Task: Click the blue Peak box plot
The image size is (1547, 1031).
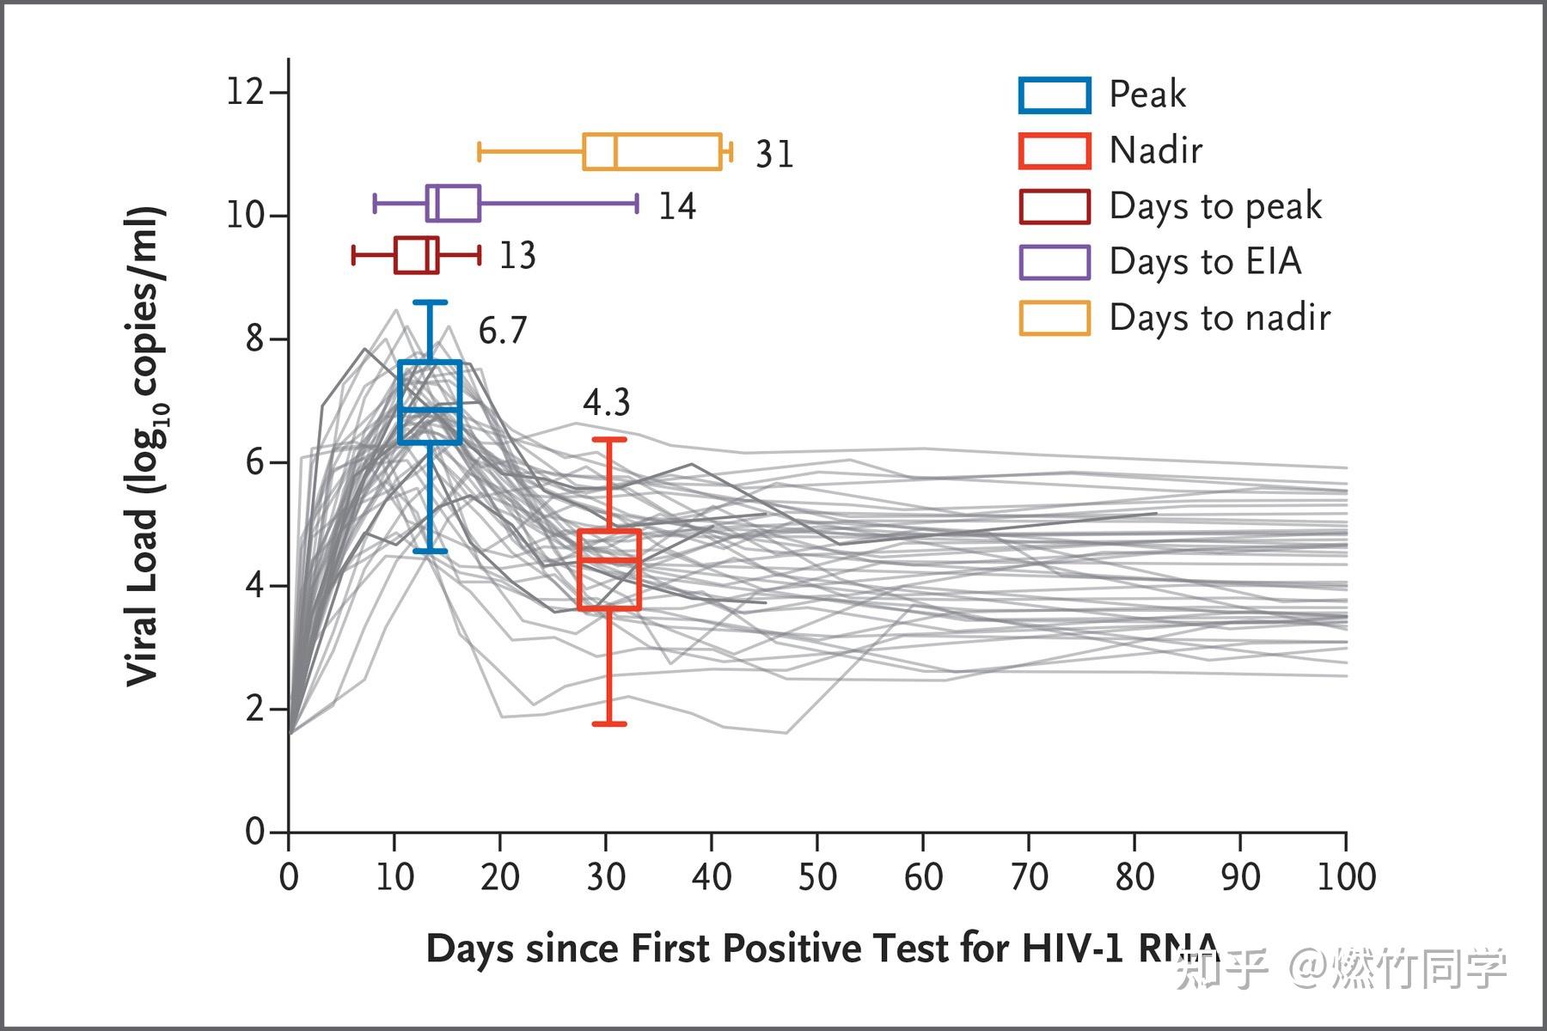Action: pos(430,402)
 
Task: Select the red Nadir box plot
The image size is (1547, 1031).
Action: pos(609,570)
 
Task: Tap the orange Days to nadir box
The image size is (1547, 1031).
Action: pos(652,152)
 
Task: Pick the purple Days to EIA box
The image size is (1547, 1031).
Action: pos(453,203)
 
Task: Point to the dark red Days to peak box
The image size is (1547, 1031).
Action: pos(416,255)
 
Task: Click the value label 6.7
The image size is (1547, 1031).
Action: pos(503,331)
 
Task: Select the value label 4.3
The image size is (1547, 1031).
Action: pos(607,402)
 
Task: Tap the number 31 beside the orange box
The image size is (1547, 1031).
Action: pos(774,155)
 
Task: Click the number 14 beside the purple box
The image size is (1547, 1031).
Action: pos(677,207)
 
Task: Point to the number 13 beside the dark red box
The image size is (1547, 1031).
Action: pos(517,256)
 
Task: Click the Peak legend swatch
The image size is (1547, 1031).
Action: pos(1055,95)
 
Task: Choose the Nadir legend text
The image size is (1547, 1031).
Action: pos(1155,150)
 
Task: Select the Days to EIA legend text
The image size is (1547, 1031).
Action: pos(1205,262)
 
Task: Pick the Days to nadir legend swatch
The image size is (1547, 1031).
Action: pos(1055,318)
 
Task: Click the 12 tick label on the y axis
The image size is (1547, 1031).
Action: pos(245,91)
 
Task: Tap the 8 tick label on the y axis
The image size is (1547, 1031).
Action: pos(254,339)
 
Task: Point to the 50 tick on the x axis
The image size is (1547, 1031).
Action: pos(817,877)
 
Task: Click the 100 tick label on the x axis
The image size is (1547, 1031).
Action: pos(1347,877)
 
